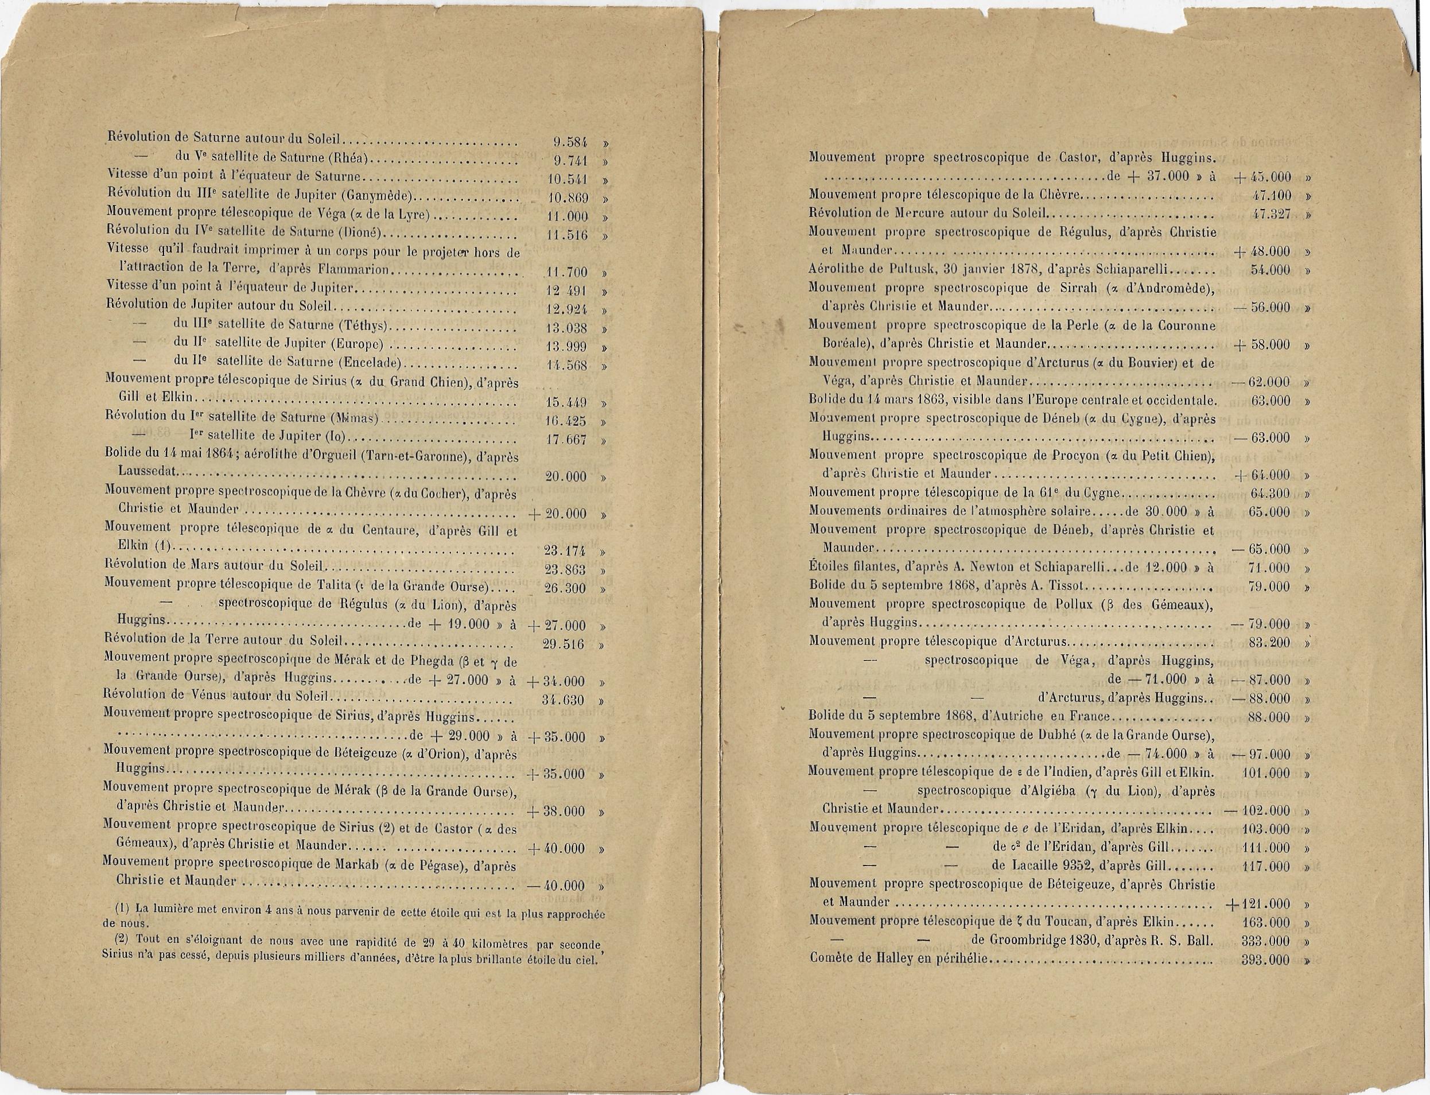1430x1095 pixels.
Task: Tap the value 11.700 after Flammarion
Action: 565,272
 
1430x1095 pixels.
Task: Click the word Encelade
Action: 375,364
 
